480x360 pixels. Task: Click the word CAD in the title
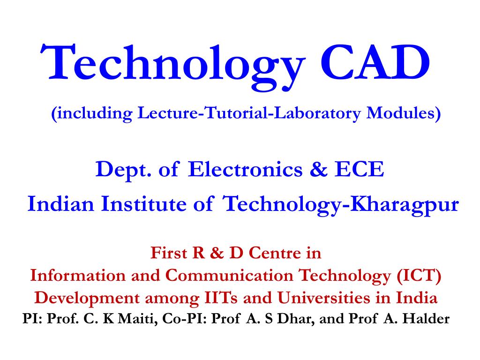(x=375, y=62)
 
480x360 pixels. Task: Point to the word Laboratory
(x=317, y=113)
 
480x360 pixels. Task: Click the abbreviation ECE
(x=360, y=169)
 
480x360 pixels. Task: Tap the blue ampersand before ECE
(x=319, y=169)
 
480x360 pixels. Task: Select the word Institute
(x=143, y=203)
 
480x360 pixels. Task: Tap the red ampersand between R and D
(x=217, y=253)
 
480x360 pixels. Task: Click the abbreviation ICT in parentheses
(x=419, y=275)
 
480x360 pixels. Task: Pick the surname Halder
(x=426, y=319)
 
